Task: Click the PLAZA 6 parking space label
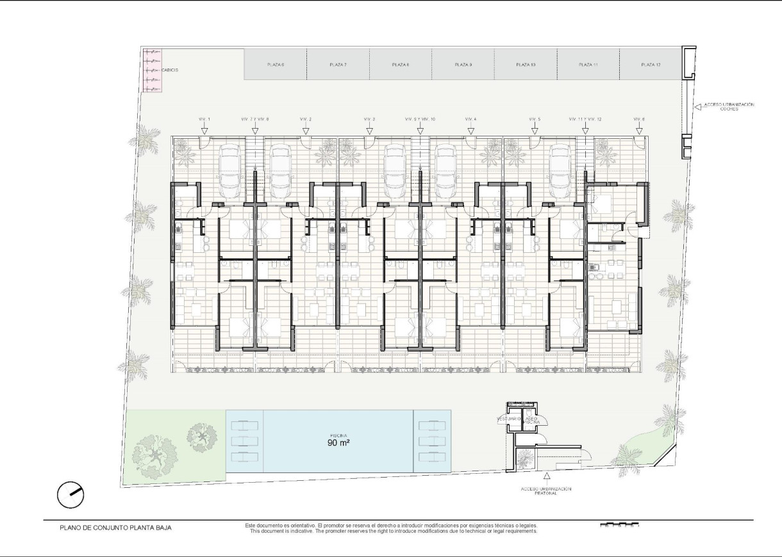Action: (276, 65)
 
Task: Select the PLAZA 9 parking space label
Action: (463, 65)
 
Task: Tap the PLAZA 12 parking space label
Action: (651, 65)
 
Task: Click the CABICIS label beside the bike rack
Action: (170, 69)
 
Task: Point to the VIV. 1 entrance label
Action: (204, 120)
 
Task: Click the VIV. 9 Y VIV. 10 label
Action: (420, 120)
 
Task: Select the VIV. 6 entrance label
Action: (639, 120)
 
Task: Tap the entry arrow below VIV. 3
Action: (369, 130)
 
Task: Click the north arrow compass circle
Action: (71, 494)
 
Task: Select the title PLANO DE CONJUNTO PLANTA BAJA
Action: (115, 528)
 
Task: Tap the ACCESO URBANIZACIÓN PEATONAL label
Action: (546, 491)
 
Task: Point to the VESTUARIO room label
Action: (508, 419)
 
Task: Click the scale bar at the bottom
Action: (620, 526)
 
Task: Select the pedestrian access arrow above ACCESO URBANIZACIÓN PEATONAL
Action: (546, 476)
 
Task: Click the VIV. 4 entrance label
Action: (470, 120)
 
